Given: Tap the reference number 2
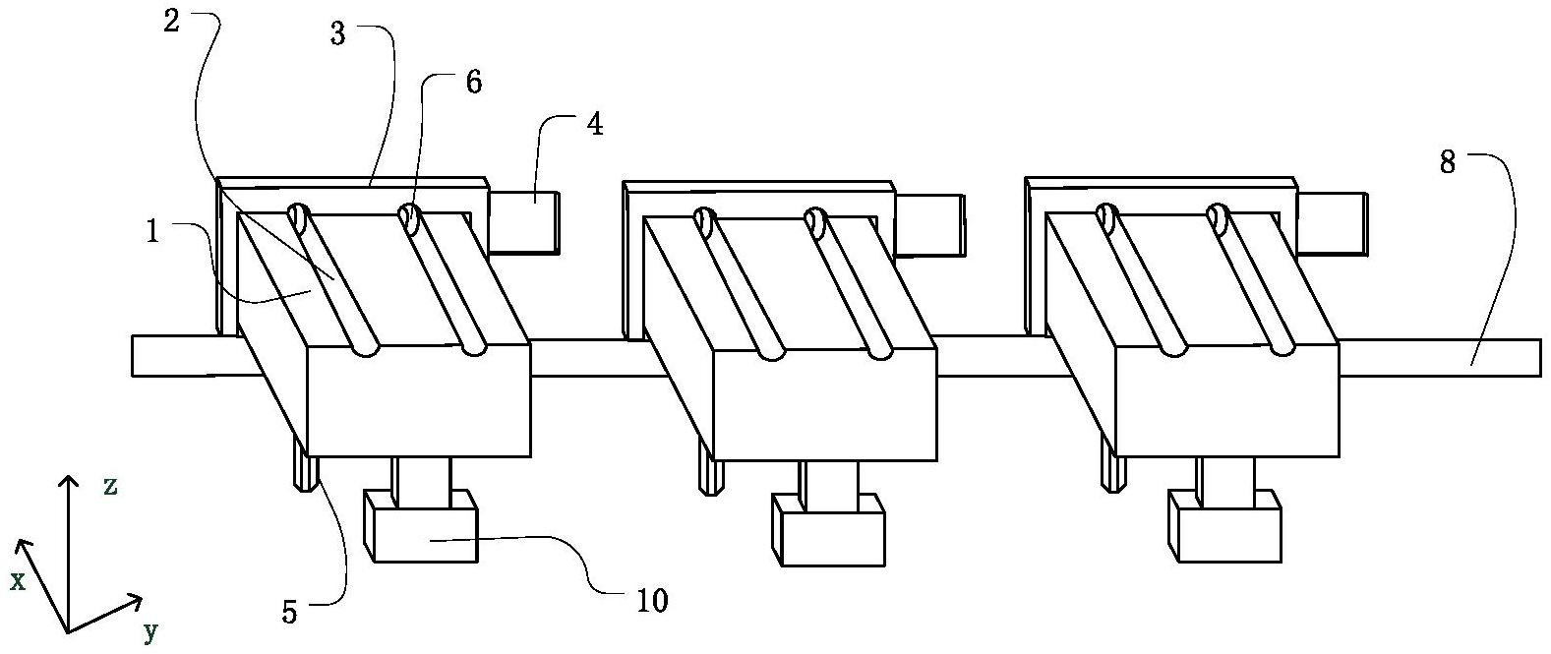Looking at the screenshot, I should (x=171, y=23).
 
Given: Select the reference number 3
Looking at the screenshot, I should (x=338, y=35).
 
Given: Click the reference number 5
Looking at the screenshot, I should (x=289, y=612).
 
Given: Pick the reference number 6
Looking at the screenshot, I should (x=473, y=82).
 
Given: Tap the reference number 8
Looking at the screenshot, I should (x=1447, y=162).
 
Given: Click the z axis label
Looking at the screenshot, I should (x=111, y=485).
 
